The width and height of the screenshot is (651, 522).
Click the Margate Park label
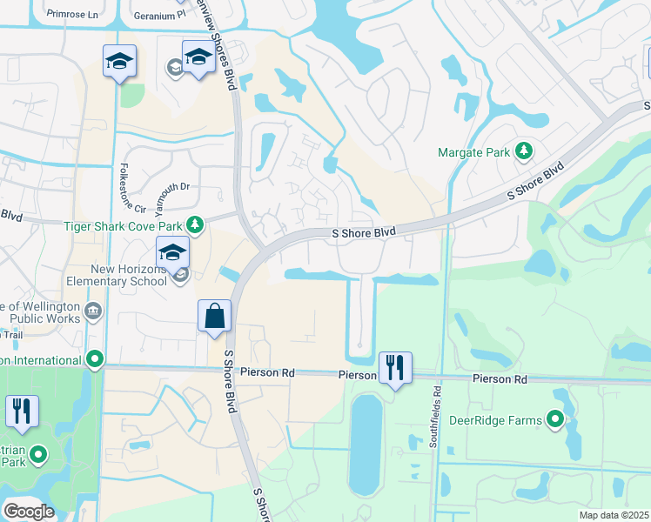(x=473, y=152)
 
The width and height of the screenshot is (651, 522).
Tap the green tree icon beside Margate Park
(x=524, y=152)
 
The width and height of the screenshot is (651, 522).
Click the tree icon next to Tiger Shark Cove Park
(x=196, y=226)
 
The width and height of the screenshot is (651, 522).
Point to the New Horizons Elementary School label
(x=129, y=275)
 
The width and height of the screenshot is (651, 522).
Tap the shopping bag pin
(x=214, y=317)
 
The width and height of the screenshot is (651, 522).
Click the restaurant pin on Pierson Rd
(x=395, y=367)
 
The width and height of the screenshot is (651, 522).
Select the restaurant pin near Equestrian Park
(x=22, y=412)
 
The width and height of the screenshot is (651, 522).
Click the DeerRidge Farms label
(x=495, y=420)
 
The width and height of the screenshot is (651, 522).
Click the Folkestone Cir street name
(x=134, y=188)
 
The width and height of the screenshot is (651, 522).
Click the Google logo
(x=28, y=512)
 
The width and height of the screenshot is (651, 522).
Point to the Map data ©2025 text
(x=613, y=515)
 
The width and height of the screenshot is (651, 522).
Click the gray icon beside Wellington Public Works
(x=93, y=309)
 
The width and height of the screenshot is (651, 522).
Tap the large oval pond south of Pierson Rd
(x=366, y=444)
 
